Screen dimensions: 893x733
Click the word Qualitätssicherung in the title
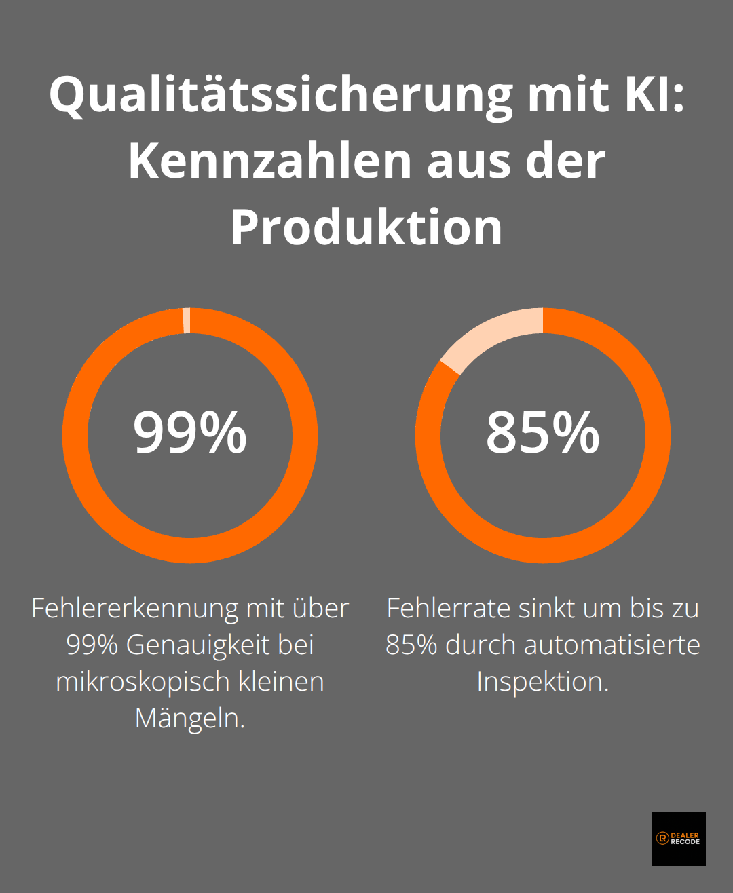point(280,95)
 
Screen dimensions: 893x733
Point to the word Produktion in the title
point(366,227)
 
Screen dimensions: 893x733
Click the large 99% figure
point(190,433)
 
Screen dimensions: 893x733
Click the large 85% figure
point(542,433)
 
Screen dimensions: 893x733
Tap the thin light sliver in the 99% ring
point(187,320)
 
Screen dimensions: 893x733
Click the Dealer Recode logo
point(678,838)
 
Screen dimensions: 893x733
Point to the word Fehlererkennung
point(134,609)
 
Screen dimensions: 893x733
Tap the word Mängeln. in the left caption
point(190,718)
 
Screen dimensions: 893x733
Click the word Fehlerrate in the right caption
point(449,609)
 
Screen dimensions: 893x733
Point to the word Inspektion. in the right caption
point(542,682)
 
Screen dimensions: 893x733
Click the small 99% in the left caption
point(92,645)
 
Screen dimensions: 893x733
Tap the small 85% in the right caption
point(411,645)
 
